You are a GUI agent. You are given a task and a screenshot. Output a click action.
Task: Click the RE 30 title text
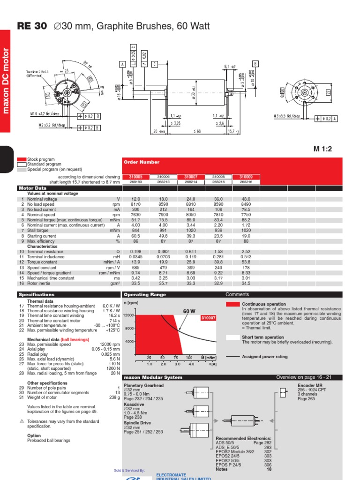pyautogui.click(x=32, y=26)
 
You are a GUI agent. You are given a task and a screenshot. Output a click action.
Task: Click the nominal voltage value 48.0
pyautogui.click(x=246, y=199)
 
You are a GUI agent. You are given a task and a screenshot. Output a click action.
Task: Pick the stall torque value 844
pyautogui.click(x=135, y=231)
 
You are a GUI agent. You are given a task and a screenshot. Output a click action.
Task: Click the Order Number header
pyautogui.click(x=142, y=162)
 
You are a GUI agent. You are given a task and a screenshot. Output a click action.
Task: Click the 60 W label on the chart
pyautogui.click(x=188, y=311)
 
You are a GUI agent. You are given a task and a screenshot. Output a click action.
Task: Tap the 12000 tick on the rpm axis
pyautogui.click(x=129, y=315)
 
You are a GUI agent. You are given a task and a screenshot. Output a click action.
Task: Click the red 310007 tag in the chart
pyautogui.click(x=208, y=318)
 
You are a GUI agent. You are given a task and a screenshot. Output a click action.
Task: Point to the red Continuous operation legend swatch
pyautogui.click(x=232, y=304)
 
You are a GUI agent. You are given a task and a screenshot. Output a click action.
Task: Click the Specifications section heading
pyautogui.click(x=37, y=295)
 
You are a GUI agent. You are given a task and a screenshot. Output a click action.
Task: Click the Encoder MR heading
pyautogui.click(x=310, y=385)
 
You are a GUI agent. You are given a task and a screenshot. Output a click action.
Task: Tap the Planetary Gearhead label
pyautogui.click(x=143, y=385)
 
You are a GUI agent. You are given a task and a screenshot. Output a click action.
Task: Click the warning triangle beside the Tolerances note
pyautogui.click(x=21, y=421)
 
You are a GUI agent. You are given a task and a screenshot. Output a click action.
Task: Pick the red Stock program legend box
pyautogui.click(x=22, y=160)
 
